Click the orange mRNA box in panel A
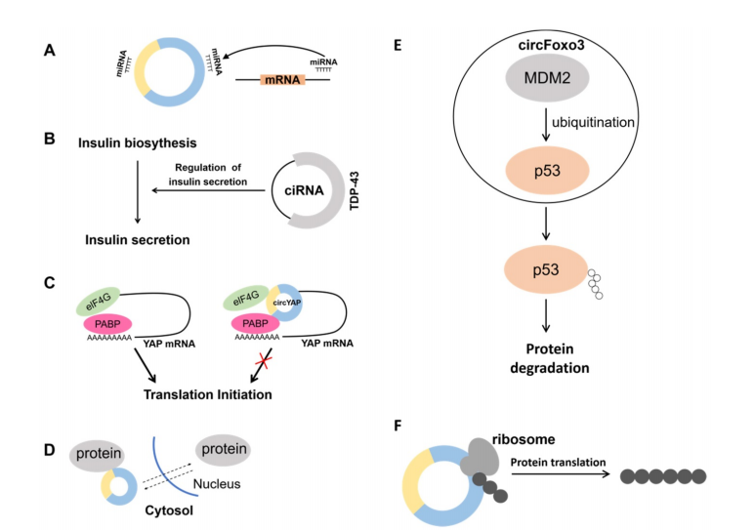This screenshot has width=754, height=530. click(282, 79)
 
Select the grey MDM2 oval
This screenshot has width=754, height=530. click(547, 78)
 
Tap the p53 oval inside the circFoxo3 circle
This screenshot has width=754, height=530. click(547, 171)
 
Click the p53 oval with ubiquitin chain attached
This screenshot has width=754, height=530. click(546, 269)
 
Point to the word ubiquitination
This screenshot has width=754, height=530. click(593, 123)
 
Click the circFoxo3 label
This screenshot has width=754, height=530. click(551, 45)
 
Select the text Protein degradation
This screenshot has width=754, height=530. click(550, 358)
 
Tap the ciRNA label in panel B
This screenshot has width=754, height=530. click(304, 190)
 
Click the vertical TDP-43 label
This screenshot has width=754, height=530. click(355, 190)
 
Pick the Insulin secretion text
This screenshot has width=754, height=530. click(138, 240)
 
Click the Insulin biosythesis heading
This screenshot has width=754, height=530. click(138, 143)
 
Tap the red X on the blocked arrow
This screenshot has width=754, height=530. click(263, 359)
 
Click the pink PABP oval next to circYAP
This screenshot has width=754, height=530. click(255, 324)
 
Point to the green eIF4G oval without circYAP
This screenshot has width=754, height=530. click(98, 301)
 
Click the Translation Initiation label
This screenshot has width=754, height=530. click(208, 394)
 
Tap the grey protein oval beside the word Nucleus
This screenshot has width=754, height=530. click(224, 450)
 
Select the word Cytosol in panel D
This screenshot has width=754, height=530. click(169, 510)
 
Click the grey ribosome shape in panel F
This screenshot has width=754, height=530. click(480, 457)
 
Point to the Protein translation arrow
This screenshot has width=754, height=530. click(561, 474)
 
